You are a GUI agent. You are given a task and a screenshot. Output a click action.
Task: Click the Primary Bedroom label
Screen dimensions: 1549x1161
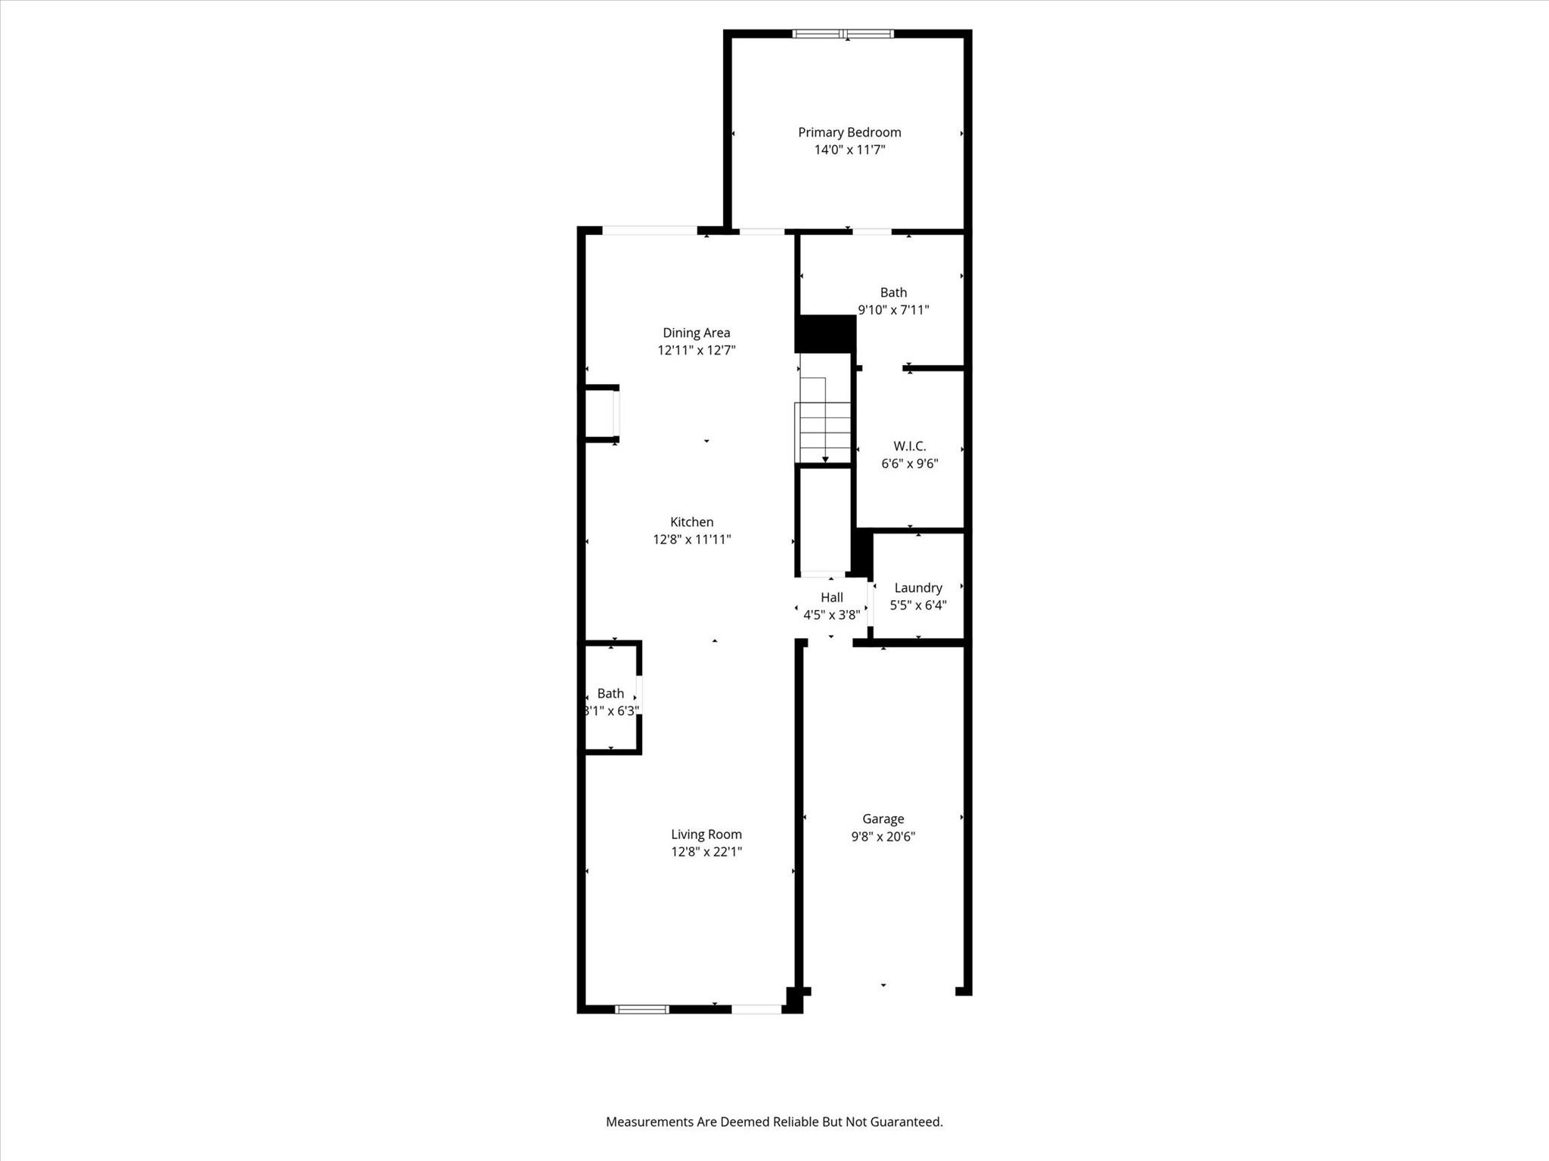pos(849,132)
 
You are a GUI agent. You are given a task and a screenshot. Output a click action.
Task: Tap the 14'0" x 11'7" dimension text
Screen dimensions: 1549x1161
pos(849,150)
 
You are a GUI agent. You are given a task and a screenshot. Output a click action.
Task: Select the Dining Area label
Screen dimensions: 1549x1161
pos(697,333)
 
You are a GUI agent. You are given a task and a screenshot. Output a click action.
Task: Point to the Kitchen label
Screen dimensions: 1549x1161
pos(692,522)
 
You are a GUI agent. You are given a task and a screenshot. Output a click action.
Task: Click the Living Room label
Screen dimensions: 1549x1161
pos(706,834)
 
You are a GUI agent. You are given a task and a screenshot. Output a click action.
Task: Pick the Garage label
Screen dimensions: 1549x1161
pos(883,819)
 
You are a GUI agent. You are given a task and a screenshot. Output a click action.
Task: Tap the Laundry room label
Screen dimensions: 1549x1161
pos(918,588)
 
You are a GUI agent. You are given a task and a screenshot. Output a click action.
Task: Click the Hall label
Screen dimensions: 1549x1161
pos(832,597)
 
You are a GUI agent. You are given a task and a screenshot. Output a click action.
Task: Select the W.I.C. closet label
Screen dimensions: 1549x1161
pos(910,446)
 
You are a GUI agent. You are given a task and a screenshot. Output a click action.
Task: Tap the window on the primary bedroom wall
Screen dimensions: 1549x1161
pos(843,34)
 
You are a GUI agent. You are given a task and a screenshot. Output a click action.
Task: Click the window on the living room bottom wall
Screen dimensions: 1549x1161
pos(642,1009)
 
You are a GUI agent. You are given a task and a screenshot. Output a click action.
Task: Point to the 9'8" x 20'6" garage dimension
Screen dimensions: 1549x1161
pos(883,837)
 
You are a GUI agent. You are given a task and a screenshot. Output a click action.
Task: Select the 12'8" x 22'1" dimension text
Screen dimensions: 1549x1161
pos(706,852)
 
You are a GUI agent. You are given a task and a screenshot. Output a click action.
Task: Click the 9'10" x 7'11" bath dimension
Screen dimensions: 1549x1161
pos(893,310)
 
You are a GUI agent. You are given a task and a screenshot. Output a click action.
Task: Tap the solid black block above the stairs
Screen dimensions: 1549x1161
pos(825,333)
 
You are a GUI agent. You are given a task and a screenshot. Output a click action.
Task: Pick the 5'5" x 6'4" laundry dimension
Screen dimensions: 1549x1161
pos(918,605)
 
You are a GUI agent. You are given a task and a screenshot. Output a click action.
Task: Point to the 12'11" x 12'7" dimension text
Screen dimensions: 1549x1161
pos(697,351)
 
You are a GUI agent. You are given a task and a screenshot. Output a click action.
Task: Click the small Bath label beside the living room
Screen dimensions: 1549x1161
pos(611,693)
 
